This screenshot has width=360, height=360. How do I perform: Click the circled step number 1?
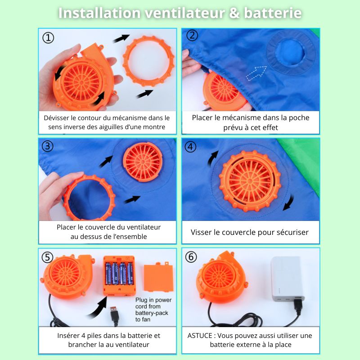click(x=48, y=38)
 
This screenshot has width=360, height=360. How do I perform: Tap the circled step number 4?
click(x=190, y=147)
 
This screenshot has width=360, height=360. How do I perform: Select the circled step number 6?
click(x=191, y=257)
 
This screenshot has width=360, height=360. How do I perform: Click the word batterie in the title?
click(x=273, y=13)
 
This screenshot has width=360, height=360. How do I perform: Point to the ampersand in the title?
click(x=234, y=13)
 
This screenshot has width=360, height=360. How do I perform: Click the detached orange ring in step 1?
click(x=126, y=60)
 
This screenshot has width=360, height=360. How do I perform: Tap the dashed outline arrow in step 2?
click(x=256, y=73)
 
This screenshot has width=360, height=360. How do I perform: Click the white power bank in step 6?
click(x=287, y=279)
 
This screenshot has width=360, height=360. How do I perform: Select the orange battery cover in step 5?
click(x=158, y=277)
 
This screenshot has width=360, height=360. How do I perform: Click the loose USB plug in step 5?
click(x=115, y=316)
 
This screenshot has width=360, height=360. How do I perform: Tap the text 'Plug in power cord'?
click(x=153, y=303)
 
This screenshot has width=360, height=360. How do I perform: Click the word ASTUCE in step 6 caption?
click(x=200, y=336)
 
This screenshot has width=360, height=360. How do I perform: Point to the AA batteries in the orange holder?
click(x=119, y=274)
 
